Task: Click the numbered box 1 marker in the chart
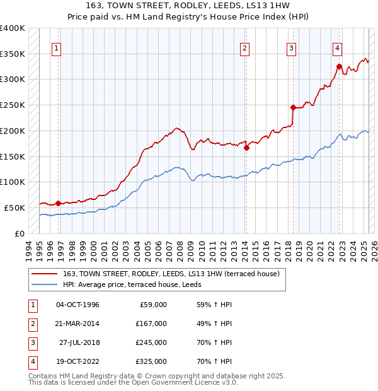pyautogui.click(x=57, y=48)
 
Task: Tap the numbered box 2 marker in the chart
pyautogui.click(x=244, y=48)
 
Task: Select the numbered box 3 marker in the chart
pyautogui.click(x=292, y=48)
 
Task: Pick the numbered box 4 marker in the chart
pyautogui.click(x=338, y=48)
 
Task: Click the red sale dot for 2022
pyautogui.click(x=339, y=66)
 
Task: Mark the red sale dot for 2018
pyautogui.click(x=293, y=107)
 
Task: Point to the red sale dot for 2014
pyautogui.click(x=246, y=148)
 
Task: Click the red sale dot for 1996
pyautogui.click(x=58, y=203)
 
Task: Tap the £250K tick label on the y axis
pyautogui.click(x=13, y=105)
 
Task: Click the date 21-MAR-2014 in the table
pyautogui.click(x=77, y=324)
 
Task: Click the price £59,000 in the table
pyautogui.click(x=152, y=305)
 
